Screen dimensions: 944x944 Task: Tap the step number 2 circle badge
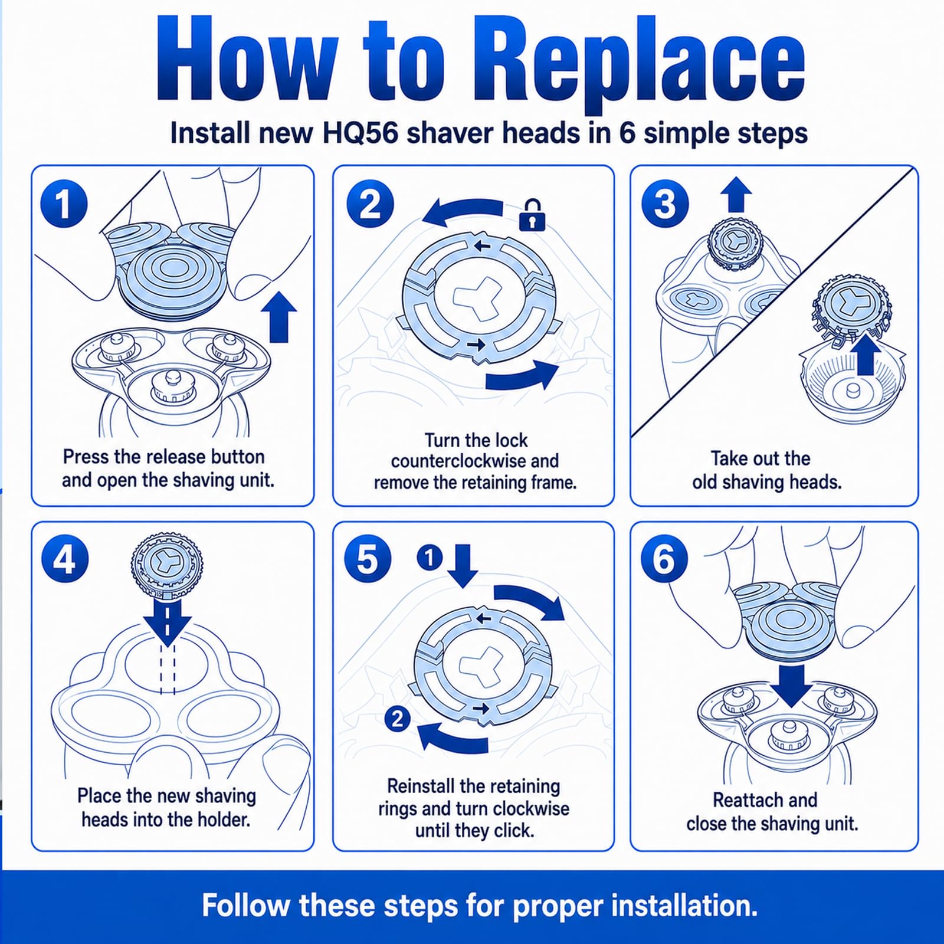click(x=370, y=204)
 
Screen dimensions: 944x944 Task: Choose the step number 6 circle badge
click(x=664, y=558)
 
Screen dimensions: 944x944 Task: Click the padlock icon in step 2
click(x=532, y=214)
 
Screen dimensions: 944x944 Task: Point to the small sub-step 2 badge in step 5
click(x=397, y=719)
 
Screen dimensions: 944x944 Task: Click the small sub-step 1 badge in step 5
click(x=430, y=558)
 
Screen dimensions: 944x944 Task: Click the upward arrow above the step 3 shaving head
click(x=736, y=194)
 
